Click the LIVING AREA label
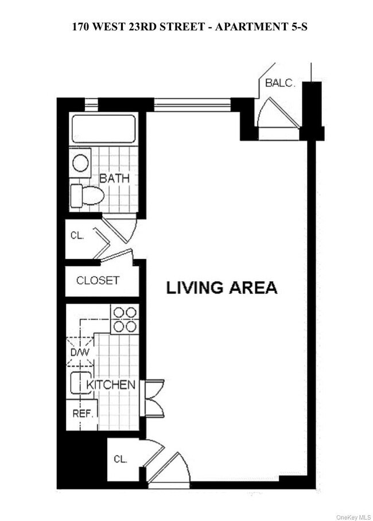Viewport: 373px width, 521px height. click(x=222, y=287)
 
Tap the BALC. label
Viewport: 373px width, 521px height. click(x=279, y=83)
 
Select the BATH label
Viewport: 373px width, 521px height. click(x=114, y=178)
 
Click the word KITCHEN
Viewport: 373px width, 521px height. click(x=111, y=385)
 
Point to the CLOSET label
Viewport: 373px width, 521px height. click(x=98, y=281)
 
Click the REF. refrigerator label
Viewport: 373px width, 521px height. click(x=83, y=414)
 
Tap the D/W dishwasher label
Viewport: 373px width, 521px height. click(x=80, y=352)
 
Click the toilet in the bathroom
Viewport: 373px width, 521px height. click(x=86, y=195)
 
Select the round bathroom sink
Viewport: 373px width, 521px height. click(x=81, y=162)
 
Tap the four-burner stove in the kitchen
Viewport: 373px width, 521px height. click(x=125, y=319)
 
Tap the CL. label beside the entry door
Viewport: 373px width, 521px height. click(x=120, y=459)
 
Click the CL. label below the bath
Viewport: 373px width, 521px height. click(x=77, y=235)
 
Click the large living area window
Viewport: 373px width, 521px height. click(x=192, y=104)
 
